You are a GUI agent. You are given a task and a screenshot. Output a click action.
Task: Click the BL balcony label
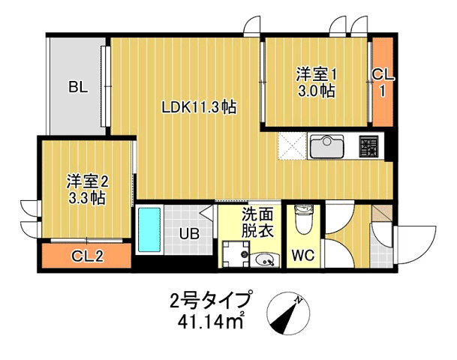point(78,87)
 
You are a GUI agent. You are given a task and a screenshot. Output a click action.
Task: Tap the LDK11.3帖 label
point(199,107)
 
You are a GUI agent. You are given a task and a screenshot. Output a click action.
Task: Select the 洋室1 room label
point(315,74)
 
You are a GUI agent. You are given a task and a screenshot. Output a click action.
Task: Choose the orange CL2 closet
point(87,256)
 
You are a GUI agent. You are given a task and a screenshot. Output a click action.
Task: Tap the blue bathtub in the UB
point(149,230)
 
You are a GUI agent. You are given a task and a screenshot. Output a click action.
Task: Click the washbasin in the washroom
point(265,260)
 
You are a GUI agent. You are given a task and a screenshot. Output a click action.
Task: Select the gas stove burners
point(369,145)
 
